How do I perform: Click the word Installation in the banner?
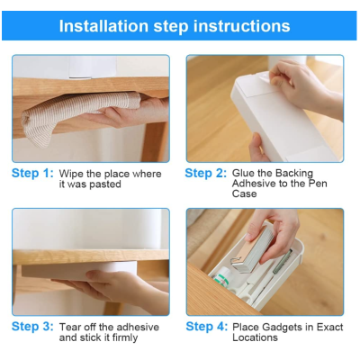point(103,26)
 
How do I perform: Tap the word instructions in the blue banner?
point(241,26)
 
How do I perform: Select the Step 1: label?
point(32,173)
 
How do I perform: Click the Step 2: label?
point(206,173)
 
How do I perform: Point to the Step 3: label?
point(32,327)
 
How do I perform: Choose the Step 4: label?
point(207,327)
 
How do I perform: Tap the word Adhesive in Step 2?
point(255,184)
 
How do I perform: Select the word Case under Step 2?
point(244,193)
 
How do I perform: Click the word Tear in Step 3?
point(70,327)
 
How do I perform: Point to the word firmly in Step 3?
point(125,337)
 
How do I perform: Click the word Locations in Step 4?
point(255,337)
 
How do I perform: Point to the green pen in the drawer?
point(283,261)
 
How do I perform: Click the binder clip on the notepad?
point(238,264)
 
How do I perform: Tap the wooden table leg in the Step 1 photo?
point(154,141)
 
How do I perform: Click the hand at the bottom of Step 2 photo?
point(257,148)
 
